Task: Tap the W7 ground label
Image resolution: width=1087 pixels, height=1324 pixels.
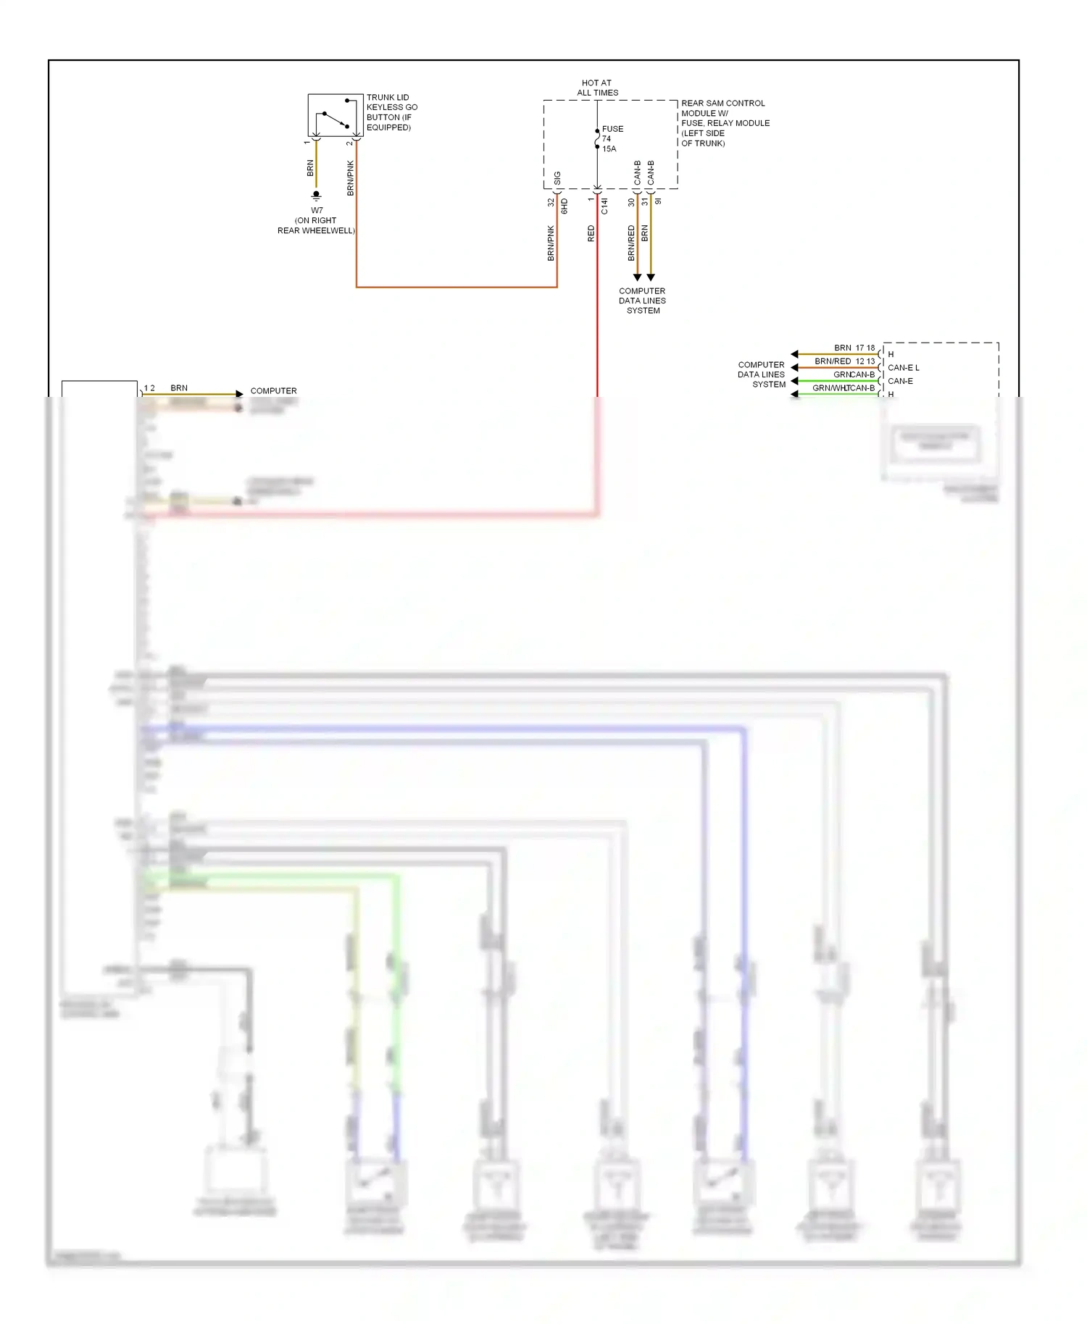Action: coord(317,211)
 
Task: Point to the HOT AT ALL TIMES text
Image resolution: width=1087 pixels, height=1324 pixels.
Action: coord(597,88)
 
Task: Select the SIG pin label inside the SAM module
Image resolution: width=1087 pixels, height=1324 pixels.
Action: coord(557,177)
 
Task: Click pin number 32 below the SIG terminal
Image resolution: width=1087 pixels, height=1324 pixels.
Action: coord(551,203)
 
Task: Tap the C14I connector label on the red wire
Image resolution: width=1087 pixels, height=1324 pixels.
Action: coord(604,206)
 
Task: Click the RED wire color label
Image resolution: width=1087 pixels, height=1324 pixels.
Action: coord(591,233)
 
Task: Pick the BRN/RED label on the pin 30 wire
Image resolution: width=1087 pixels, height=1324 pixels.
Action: coord(630,243)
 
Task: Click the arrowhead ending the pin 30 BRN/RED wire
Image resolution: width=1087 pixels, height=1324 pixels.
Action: coord(637,277)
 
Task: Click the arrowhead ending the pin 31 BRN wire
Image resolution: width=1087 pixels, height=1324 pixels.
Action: coord(651,277)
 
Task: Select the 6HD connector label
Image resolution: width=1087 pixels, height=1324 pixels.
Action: coord(565,206)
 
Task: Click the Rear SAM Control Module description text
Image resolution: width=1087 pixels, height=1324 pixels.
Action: coord(725,123)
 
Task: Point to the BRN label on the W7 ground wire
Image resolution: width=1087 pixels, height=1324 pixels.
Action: coord(310,168)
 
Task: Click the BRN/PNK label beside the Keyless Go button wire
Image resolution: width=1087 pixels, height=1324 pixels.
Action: coord(350,178)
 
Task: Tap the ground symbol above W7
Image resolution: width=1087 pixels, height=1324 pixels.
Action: coord(316,196)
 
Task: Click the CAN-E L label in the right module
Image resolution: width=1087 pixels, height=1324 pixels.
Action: coord(903,367)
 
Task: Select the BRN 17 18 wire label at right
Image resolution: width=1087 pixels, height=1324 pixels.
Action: coord(854,348)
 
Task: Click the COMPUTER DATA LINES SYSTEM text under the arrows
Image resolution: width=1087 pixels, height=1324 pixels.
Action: coord(642,301)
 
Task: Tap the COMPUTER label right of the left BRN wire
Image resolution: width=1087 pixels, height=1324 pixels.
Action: coord(273,390)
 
